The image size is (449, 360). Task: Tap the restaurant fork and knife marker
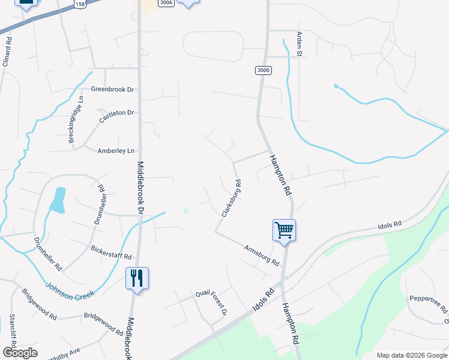[x=137, y=277]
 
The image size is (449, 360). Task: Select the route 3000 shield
[x=263, y=70]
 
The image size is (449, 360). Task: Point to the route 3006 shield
[x=166, y=3]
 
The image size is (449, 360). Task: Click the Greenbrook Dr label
[x=112, y=89]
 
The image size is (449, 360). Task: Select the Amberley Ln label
[x=116, y=151]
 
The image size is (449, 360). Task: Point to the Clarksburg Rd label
[x=232, y=198]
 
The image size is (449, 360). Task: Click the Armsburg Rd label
[x=262, y=256]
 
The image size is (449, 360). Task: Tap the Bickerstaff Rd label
[x=111, y=252]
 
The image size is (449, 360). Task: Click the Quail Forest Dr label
[x=211, y=302]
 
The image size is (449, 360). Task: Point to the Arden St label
[x=298, y=44]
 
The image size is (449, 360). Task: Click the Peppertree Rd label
[x=429, y=303]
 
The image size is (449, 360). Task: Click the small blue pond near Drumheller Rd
[x=58, y=200]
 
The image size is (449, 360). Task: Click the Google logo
[x=20, y=353]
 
